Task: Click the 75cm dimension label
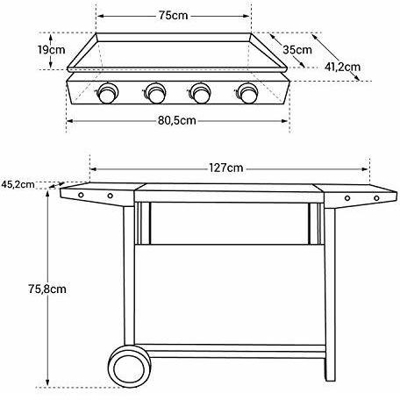pyautogui.click(x=173, y=15)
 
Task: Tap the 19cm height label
pyautogui.click(x=51, y=50)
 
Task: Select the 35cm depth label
pyautogui.click(x=297, y=50)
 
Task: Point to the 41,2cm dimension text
pyautogui.click(x=342, y=67)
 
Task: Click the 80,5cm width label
pyautogui.click(x=177, y=120)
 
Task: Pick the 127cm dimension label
pyautogui.click(x=225, y=168)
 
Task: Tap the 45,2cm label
pyautogui.click(x=18, y=184)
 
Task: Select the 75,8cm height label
pyautogui.click(x=47, y=289)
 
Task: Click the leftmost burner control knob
pyautogui.click(x=107, y=93)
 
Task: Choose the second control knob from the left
pyautogui.click(x=155, y=93)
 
